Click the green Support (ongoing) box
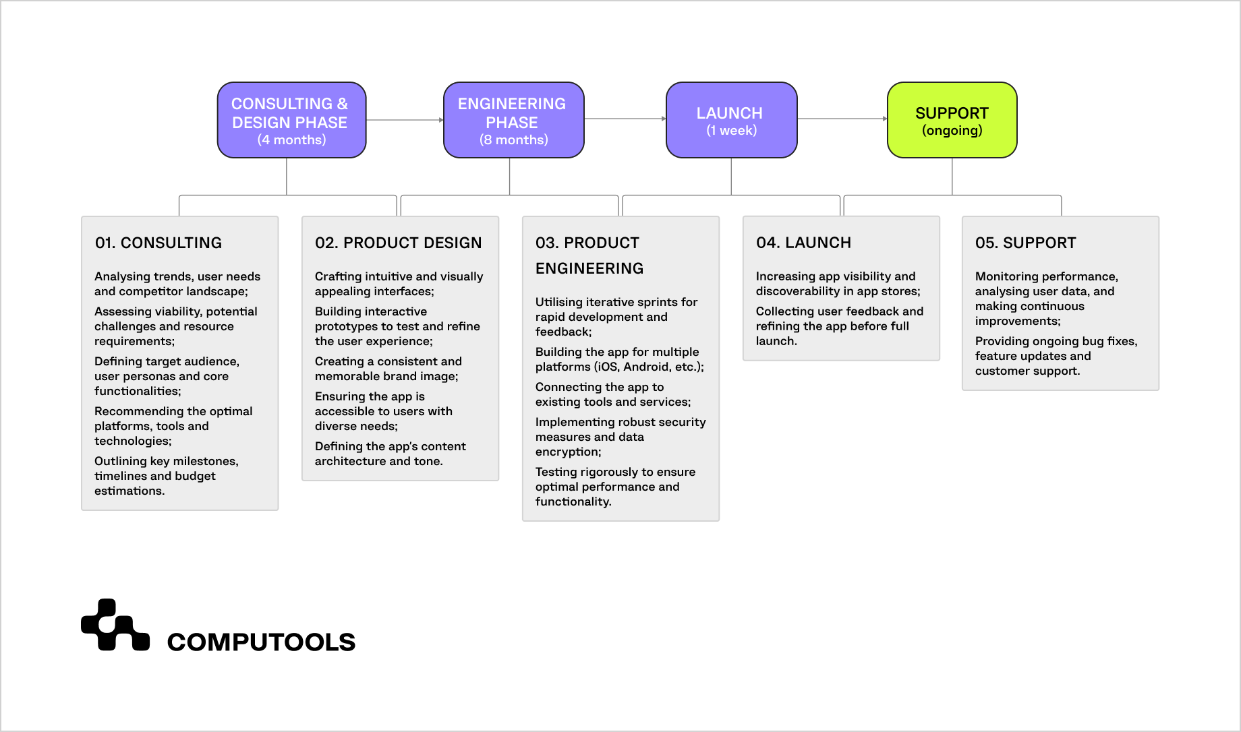pyautogui.click(x=952, y=120)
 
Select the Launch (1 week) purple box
pyautogui.click(x=731, y=120)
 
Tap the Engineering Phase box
pyautogui.click(x=513, y=120)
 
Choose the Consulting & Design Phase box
pyautogui.click(x=291, y=120)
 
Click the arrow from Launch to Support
pyautogui.click(x=842, y=119)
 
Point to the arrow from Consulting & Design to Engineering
pyautogui.click(x=404, y=120)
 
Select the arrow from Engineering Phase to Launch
pyautogui.click(x=625, y=119)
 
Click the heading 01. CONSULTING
pyautogui.click(x=158, y=243)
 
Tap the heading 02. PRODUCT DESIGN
pyautogui.click(x=398, y=243)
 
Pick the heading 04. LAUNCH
pyautogui.click(x=803, y=243)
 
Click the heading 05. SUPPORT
pyautogui.click(x=1025, y=243)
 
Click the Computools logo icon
pyautogui.click(x=115, y=626)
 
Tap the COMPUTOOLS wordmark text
pyautogui.click(x=261, y=642)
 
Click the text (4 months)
pyautogui.click(x=291, y=140)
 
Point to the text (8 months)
pyautogui.click(x=513, y=140)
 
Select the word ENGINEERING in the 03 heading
pyautogui.click(x=589, y=268)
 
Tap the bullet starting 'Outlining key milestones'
pyautogui.click(x=166, y=476)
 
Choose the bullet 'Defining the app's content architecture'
pyautogui.click(x=390, y=454)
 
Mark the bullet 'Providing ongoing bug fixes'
pyautogui.click(x=1056, y=356)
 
